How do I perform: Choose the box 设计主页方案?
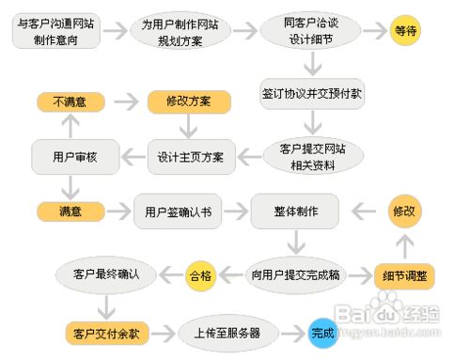tap(191, 156)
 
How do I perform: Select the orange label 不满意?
tap(70, 101)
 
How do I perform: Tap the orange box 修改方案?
tap(183, 101)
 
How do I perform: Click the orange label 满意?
tap(70, 211)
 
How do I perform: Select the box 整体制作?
tap(295, 211)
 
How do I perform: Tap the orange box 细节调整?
tap(404, 275)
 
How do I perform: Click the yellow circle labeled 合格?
tap(200, 274)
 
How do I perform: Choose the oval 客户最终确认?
tap(106, 274)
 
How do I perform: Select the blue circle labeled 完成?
tap(322, 332)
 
